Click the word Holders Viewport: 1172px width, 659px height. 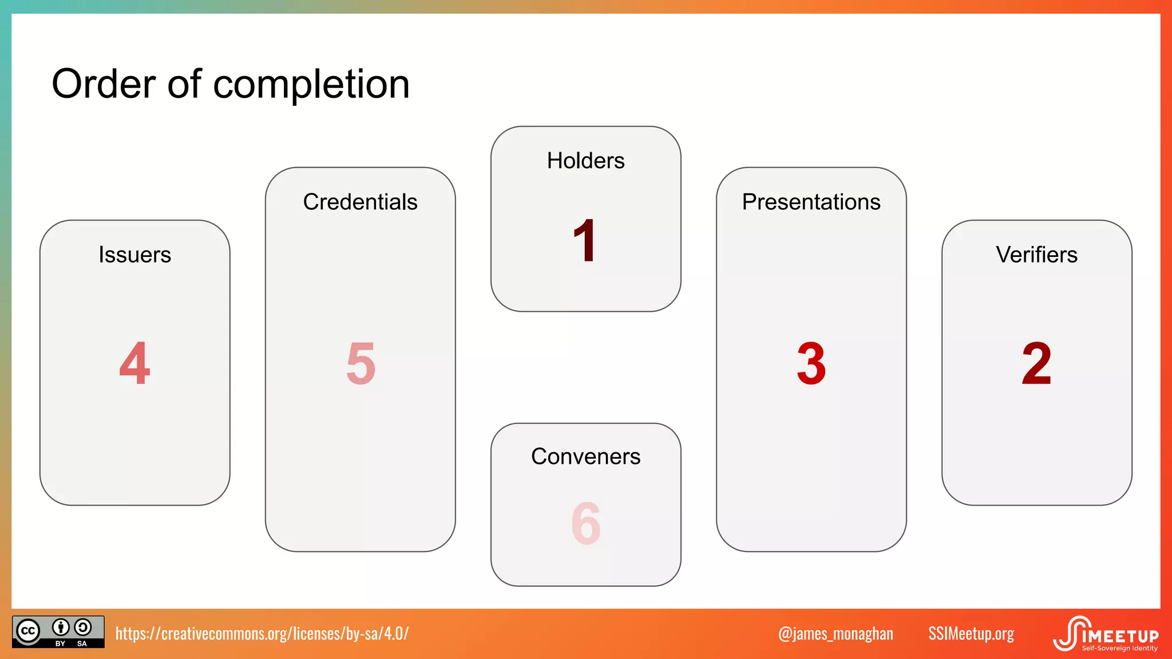coord(585,161)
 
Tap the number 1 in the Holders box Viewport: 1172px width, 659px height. coord(585,241)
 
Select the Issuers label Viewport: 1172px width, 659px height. coord(134,255)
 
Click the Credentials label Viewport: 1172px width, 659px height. coord(360,202)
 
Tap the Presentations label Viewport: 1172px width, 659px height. coord(811,202)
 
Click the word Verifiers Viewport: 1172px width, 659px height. coord(1036,255)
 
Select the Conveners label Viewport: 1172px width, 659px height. coord(585,456)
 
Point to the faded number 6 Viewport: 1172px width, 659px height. coord(585,523)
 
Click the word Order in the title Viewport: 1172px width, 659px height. coord(104,84)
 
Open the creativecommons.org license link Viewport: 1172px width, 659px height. coord(262,633)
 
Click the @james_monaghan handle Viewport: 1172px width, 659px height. coord(836,633)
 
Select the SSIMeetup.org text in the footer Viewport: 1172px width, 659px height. coord(971,633)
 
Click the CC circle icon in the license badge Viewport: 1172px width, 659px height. coord(28,631)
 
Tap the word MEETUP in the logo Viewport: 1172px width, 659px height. coord(1124,636)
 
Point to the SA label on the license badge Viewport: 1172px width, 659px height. coord(82,644)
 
